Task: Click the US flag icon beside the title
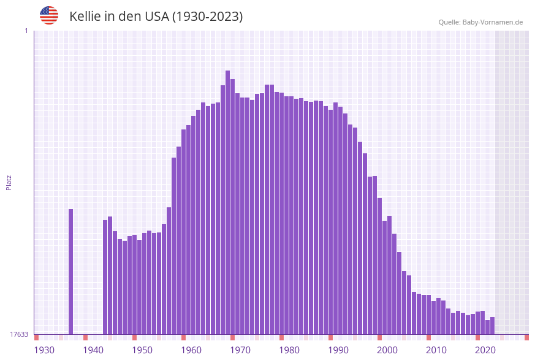(x=49, y=15)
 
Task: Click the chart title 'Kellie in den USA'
(x=156, y=17)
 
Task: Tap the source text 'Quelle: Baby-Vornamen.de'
(x=480, y=22)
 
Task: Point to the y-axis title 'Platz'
(x=9, y=182)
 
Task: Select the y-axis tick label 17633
(x=19, y=334)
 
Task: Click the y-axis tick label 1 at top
(x=26, y=31)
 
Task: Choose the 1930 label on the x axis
(x=44, y=350)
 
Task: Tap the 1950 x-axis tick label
(x=142, y=350)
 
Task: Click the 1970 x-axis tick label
(x=240, y=350)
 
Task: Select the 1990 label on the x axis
(x=338, y=350)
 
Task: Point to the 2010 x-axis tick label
(x=436, y=350)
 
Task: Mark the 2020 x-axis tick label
(x=485, y=350)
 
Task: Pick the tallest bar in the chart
(x=228, y=202)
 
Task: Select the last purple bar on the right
(x=493, y=326)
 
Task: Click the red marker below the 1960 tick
(x=183, y=337)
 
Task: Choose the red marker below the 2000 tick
(x=379, y=337)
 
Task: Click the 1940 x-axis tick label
(x=93, y=350)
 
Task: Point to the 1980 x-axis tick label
(x=289, y=350)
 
